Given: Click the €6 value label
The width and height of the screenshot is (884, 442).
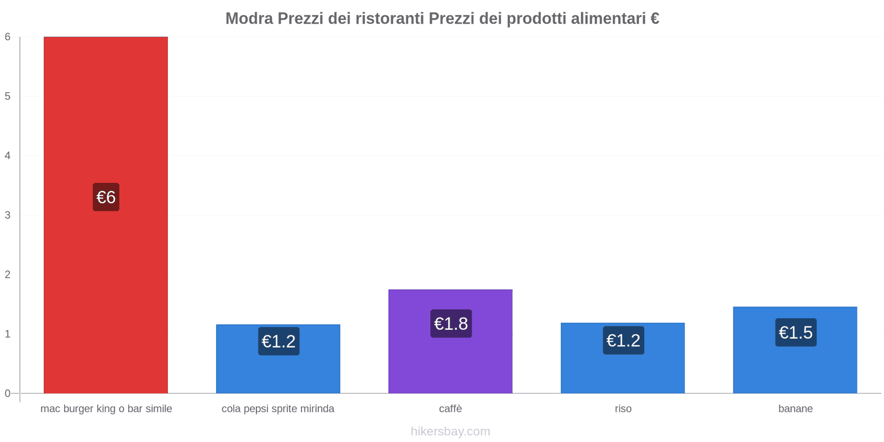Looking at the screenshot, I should pos(106,197).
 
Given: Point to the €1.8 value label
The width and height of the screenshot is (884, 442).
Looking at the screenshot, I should pos(451,324).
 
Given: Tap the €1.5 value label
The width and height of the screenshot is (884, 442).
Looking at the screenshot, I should pos(796,333).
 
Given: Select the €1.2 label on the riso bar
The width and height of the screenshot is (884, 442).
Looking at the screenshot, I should pos(623,340).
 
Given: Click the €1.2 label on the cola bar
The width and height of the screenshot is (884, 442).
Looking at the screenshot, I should pos(278,341).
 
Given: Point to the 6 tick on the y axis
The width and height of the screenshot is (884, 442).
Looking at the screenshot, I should pos(8,37).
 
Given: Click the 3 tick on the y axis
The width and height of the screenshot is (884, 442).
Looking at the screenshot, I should pos(8,215).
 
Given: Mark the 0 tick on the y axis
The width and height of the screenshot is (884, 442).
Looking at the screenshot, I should pos(8,393).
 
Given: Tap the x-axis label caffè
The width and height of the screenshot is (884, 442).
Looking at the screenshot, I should pos(450,409).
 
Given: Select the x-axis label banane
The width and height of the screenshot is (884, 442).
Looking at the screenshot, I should pos(795,409).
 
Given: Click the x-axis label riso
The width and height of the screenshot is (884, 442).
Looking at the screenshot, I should pos(623,409).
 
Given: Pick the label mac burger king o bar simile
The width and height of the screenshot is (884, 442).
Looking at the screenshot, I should pos(106,409).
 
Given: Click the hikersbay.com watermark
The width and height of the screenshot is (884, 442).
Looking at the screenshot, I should pos(450,432).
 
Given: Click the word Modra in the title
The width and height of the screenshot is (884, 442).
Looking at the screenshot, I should pos(249,19).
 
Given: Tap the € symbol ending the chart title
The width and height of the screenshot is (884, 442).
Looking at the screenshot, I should pos(654,19).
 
